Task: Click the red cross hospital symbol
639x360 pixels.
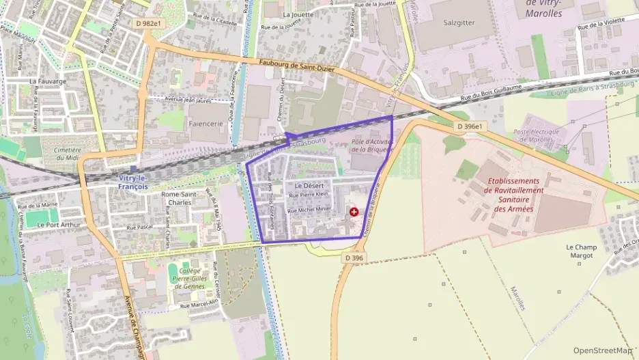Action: pyautogui.click(x=354, y=212)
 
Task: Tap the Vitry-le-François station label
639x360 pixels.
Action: pyautogui.click(x=133, y=182)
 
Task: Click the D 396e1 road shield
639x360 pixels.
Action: pyautogui.click(x=469, y=126)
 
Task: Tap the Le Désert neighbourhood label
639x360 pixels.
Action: pyautogui.click(x=308, y=185)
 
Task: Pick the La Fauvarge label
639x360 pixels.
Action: pyautogui.click(x=48, y=81)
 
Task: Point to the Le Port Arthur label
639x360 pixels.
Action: pyautogui.click(x=59, y=224)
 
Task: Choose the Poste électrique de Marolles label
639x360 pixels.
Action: pyautogui.click(x=537, y=136)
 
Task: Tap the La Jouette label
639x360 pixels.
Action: pyautogui.click(x=297, y=14)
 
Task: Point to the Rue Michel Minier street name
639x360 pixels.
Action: pyautogui.click(x=310, y=210)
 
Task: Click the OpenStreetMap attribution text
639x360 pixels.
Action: pyautogui.click(x=602, y=351)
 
